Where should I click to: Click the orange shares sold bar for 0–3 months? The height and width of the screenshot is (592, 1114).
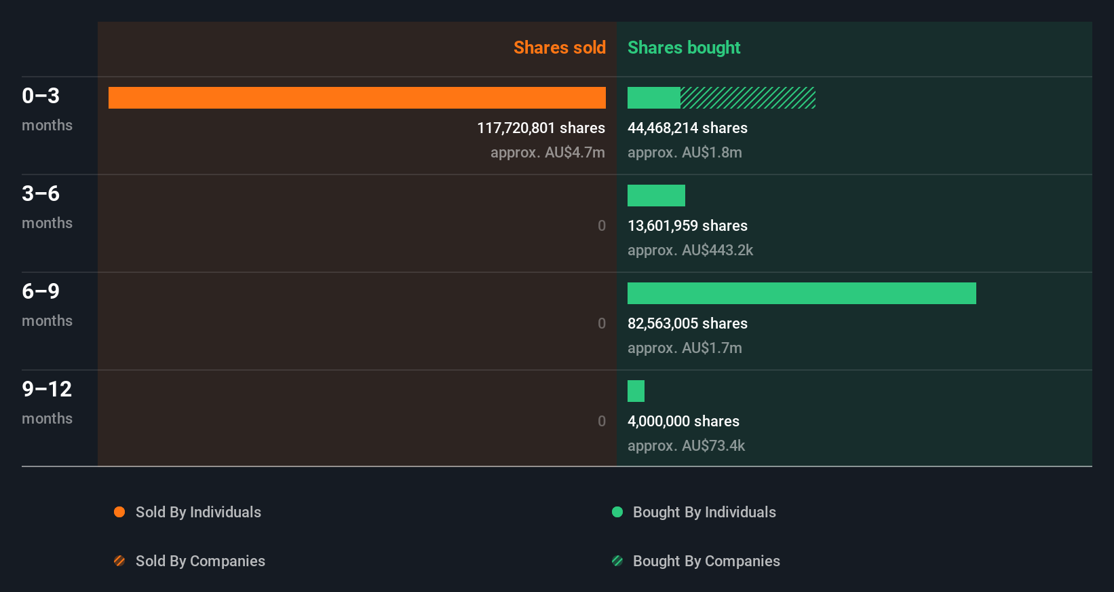point(357,98)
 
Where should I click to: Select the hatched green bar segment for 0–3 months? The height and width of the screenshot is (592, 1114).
point(748,98)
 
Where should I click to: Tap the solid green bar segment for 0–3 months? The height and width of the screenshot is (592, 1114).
point(654,98)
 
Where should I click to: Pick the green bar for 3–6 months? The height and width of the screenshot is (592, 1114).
point(656,196)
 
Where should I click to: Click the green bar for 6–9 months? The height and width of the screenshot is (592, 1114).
point(801,293)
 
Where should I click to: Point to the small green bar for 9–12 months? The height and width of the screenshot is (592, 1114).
point(636,391)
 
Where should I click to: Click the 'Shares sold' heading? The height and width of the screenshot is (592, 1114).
point(559,48)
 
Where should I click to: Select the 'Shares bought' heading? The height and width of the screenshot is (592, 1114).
point(684,48)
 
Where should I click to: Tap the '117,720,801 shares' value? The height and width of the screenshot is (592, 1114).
point(541,128)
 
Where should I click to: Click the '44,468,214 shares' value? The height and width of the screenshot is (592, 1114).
point(687,128)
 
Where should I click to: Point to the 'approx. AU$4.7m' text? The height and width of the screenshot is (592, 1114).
point(548,153)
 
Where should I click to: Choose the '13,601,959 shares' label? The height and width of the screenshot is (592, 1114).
point(687,226)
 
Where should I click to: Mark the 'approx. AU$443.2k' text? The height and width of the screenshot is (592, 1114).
point(690,251)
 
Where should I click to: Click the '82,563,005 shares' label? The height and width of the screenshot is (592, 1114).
point(687,324)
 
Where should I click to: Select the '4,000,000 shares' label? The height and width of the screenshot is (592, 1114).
point(683,422)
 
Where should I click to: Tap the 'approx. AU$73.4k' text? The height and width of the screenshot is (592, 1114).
point(686,446)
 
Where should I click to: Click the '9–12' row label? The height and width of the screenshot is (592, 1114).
point(47,389)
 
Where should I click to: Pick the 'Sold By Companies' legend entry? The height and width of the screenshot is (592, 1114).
point(200,561)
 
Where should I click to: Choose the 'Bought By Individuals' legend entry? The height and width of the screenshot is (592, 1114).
point(704,512)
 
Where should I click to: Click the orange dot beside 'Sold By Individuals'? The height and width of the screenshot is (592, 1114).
point(119,512)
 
